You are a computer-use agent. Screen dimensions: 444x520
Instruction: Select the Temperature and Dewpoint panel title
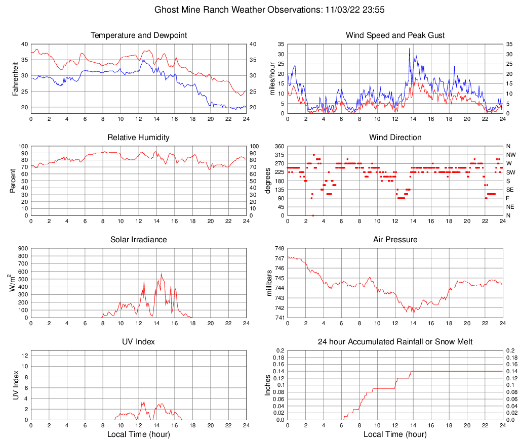tap(138, 35)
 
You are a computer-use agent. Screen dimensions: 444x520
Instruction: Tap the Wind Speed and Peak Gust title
tap(395, 35)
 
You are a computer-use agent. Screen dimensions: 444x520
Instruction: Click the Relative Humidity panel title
tap(138, 138)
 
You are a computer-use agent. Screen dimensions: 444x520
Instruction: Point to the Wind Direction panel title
tap(395, 138)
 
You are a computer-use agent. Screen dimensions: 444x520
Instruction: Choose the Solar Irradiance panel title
tap(138, 240)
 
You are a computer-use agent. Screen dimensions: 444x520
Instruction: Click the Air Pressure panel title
tap(395, 240)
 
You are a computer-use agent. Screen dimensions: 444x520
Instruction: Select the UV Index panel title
tap(138, 342)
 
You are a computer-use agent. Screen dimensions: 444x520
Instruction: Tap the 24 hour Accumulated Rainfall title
tap(395, 342)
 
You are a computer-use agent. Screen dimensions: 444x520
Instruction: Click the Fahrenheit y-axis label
tap(16, 78)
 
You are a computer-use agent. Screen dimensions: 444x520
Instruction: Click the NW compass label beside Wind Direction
tap(511, 155)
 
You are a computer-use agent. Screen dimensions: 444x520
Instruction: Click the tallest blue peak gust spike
tap(409, 49)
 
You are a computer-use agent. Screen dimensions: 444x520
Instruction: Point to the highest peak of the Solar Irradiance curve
tap(161, 274)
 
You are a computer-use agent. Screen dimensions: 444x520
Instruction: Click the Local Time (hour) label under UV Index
tap(138, 434)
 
